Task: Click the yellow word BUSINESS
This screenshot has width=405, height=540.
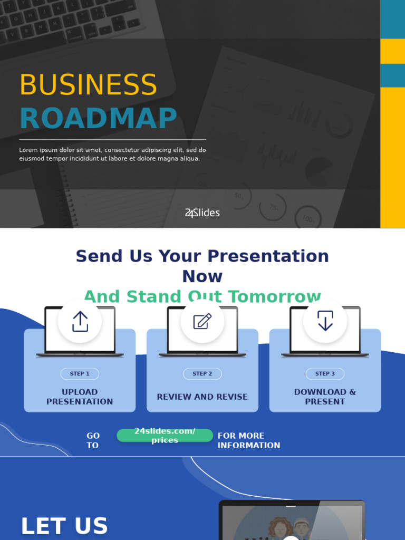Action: pos(88,85)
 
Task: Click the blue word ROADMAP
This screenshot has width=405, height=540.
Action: pos(98,119)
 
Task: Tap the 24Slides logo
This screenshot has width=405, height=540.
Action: pos(202,213)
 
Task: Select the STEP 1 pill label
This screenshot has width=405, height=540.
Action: pos(80,374)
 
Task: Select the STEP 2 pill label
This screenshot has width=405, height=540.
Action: pos(202,374)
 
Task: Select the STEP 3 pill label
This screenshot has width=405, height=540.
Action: pos(325,374)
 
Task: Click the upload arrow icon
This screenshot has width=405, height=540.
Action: pos(80,321)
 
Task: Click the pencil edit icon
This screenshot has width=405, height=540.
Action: pos(202,321)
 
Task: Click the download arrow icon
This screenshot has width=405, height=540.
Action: pos(325,321)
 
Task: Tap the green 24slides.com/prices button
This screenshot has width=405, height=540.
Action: pos(165,436)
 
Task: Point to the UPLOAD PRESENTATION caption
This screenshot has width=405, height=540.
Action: pos(80,397)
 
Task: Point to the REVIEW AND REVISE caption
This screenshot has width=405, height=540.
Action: pos(202,397)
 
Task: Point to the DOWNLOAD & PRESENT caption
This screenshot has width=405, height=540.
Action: pos(325,397)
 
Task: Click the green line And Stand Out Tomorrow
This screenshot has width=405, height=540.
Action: pos(202,297)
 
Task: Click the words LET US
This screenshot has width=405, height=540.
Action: pos(64,526)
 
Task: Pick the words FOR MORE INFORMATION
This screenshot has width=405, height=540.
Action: pos(248,440)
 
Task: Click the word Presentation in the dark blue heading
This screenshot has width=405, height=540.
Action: pos(268,256)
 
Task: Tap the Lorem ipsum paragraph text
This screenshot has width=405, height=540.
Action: pos(112,154)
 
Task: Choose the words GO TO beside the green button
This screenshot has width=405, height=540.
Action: pos(93,440)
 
